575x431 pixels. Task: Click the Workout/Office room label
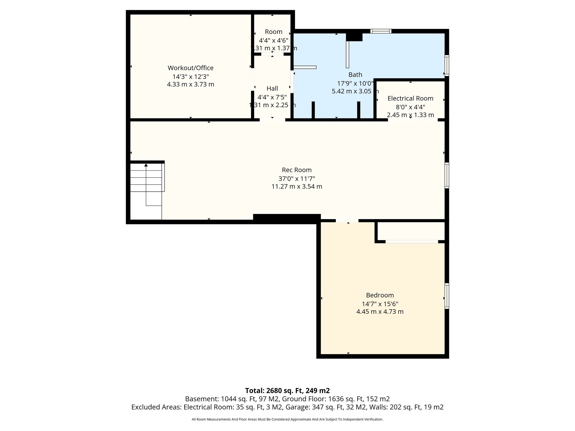click(191, 68)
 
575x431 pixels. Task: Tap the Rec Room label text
click(297, 170)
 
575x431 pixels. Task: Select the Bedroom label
click(380, 295)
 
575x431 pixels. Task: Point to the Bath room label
click(355, 75)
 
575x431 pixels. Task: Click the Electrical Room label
click(410, 98)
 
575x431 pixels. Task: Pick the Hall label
click(272, 89)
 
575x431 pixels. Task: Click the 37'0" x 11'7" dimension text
click(297, 178)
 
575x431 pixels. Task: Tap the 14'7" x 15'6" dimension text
click(380, 304)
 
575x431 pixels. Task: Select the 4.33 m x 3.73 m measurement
click(191, 84)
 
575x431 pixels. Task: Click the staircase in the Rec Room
click(146, 191)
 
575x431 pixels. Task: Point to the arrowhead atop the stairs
click(146, 165)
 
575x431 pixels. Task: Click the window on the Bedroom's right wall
click(447, 296)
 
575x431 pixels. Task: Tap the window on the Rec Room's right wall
click(447, 175)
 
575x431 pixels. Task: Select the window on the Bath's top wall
click(381, 31)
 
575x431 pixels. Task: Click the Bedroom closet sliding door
click(412, 242)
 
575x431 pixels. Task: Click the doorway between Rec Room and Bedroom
click(347, 221)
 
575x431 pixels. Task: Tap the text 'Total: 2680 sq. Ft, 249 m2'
click(287, 391)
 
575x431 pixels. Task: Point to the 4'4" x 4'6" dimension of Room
click(274, 40)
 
